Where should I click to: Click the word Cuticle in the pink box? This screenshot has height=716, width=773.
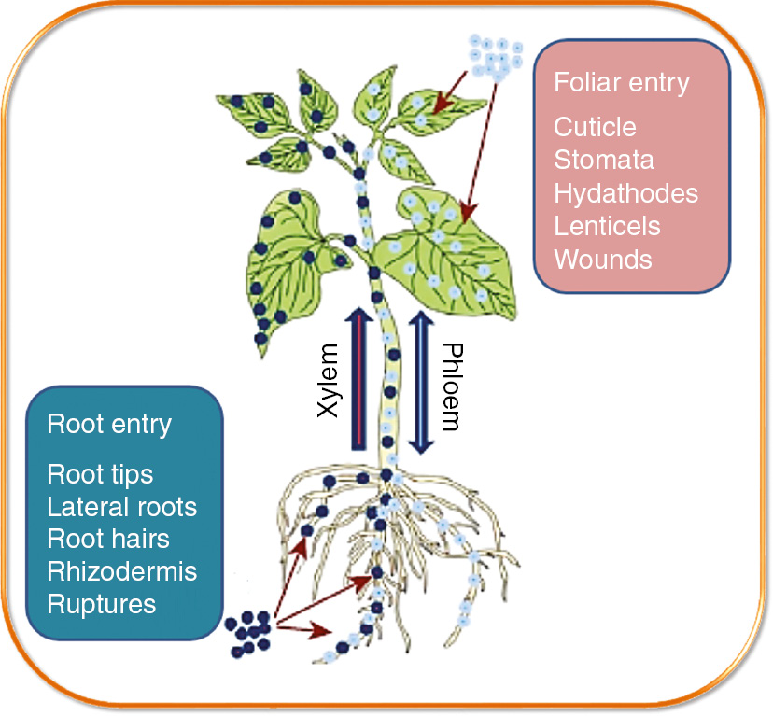coord(595,128)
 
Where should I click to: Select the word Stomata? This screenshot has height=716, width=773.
coord(604,160)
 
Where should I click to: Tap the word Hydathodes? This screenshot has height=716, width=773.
coord(625,193)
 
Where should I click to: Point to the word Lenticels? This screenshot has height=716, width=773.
coord(607,226)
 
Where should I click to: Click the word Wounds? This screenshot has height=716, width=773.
coord(603,259)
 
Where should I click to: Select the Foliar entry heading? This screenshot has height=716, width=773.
coord(621,83)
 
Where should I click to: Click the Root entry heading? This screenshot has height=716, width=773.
coord(109,425)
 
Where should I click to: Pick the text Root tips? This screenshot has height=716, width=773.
coord(100,474)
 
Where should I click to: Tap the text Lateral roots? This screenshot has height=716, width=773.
coord(121,507)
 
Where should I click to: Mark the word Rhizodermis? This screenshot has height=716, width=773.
coord(121,571)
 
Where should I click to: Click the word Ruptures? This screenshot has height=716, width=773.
coord(101,603)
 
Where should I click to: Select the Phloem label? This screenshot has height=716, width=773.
coord(450,386)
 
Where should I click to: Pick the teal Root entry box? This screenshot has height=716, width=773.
coord(125,513)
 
